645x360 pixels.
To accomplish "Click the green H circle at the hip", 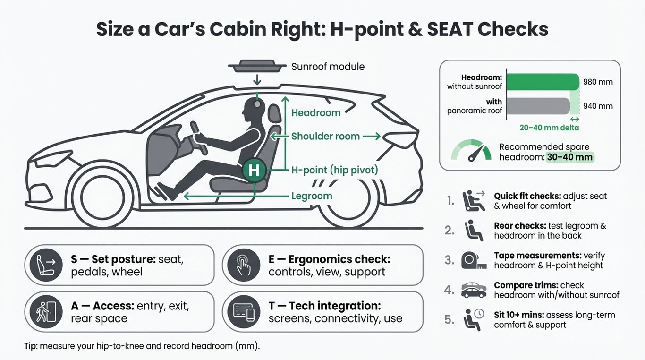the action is pyautogui.click(x=254, y=170).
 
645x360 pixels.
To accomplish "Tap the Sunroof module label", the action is pyautogui.click(x=328, y=67).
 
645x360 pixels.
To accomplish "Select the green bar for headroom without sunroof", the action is pyautogui.click(x=543, y=82).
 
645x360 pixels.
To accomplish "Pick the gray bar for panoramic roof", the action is pyautogui.click(x=538, y=106).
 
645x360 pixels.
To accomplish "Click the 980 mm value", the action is pyautogui.click(x=598, y=82).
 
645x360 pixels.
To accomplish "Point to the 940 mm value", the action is pyautogui.click(x=598, y=106).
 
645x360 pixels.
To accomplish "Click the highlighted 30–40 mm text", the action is pyautogui.click(x=570, y=157).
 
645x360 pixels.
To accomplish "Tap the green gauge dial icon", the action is pyautogui.click(x=471, y=150).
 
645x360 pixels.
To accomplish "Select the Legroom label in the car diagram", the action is pyautogui.click(x=312, y=196).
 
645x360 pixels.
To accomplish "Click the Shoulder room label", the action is pyautogui.click(x=326, y=136).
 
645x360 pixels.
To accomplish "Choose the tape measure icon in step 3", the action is pyautogui.click(x=474, y=260).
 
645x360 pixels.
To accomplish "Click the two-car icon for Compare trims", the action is pyautogui.click(x=474, y=290).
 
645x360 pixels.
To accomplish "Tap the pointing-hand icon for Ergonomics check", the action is pyautogui.click(x=244, y=265).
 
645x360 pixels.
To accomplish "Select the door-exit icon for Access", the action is pyautogui.click(x=46, y=312).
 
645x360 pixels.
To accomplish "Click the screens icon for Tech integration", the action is pyautogui.click(x=244, y=312).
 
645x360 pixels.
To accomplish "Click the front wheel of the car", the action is pyautogui.click(x=102, y=197).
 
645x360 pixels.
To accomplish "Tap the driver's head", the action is pyautogui.click(x=254, y=107).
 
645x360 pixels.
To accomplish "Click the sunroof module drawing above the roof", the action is pyautogui.click(x=257, y=66).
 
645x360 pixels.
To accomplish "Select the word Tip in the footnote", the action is pyautogui.click(x=31, y=346).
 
